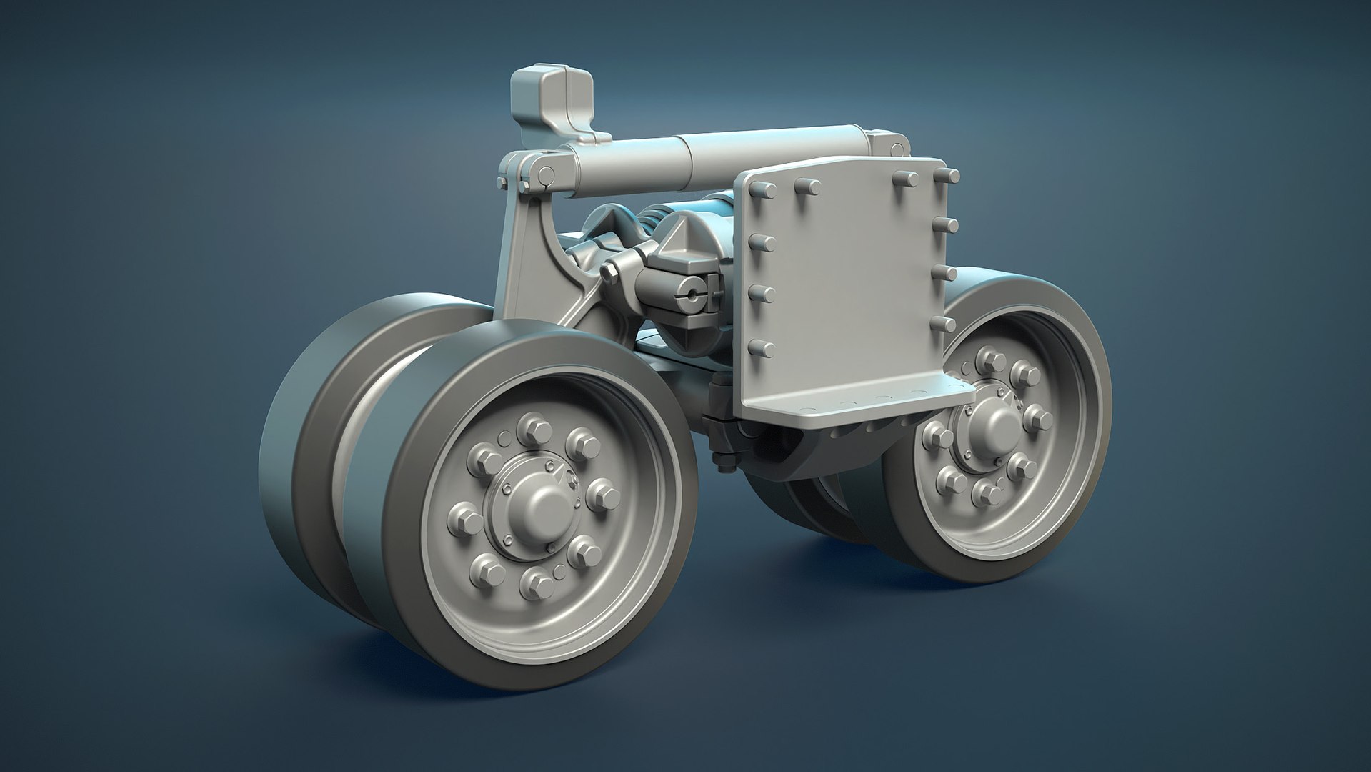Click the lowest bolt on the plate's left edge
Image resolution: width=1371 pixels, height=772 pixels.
point(762,350)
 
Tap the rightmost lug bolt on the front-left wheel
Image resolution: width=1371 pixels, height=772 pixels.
point(602,493)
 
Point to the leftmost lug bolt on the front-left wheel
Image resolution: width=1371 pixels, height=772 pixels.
point(459,513)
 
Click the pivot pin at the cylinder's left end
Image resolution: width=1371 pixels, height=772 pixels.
point(544,172)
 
